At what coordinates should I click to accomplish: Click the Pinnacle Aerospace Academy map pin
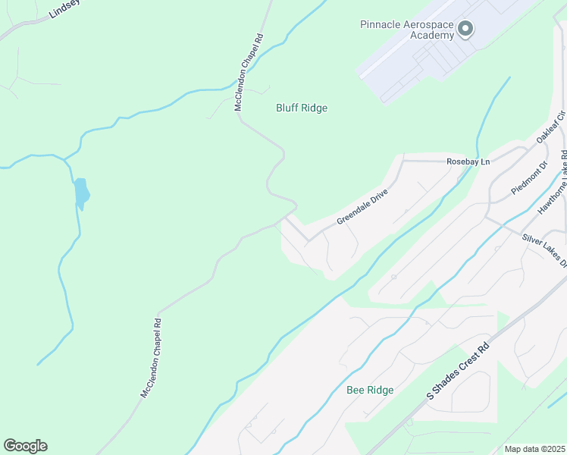click(x=465, y=30)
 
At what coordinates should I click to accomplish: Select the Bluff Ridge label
click(x=302, y=108)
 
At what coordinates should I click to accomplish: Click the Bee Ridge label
click(x=370, y=390)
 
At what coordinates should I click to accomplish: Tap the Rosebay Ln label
click(x=468, y=162)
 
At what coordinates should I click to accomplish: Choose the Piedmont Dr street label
click(x=529, y=178)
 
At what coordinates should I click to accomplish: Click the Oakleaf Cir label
click(x=551, y=127)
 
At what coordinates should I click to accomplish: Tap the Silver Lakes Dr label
click(x=544, y=249)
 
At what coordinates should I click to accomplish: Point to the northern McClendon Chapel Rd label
click(x=249, y=72)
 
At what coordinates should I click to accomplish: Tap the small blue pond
click(x=81, y=193)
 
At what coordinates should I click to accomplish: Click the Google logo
click(x=25, y=446)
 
